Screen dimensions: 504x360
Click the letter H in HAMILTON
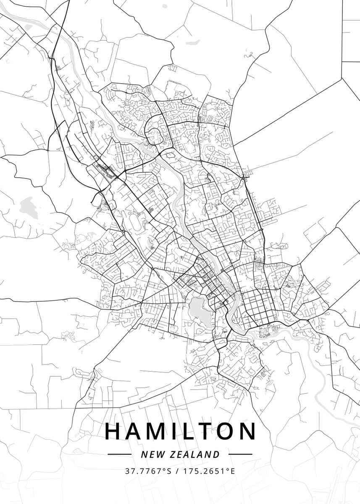112,431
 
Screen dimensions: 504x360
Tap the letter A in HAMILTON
134,431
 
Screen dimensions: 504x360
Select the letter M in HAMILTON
158,431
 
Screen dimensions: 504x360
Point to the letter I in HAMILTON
176,431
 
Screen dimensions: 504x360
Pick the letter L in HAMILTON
190,431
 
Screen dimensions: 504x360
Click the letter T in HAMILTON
209,431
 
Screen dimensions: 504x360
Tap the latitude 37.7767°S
148,471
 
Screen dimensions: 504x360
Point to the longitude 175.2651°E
209,471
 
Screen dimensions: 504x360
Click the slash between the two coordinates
177,471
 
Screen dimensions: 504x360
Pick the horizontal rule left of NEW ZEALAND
120,454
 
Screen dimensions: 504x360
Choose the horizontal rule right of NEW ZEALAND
240,454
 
